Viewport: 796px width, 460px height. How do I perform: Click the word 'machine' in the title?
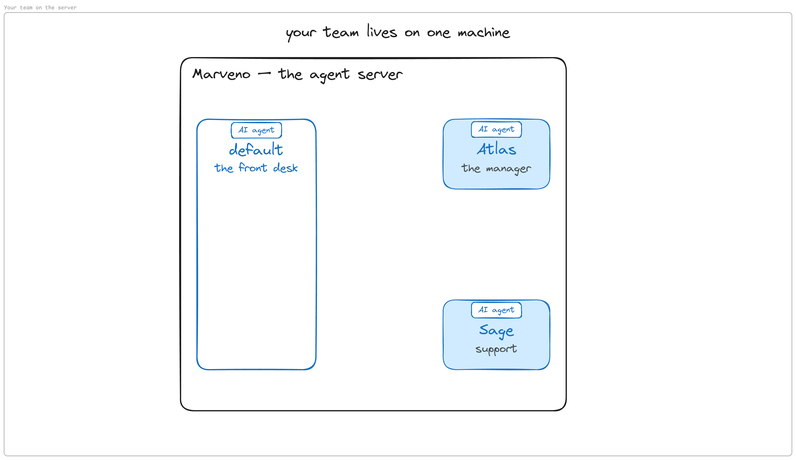coord(484,32)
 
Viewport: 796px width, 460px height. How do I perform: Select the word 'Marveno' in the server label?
coord(221,74)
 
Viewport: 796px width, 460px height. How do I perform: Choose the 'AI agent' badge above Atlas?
coord(496,129)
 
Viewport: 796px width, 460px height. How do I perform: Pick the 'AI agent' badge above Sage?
coord(496,310)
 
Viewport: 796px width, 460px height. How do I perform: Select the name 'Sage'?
coord(496,331)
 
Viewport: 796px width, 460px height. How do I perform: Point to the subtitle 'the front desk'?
coord(256,167)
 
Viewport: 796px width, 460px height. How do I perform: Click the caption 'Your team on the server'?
coord(40,7)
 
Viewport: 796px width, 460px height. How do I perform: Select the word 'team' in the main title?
coord(341,32)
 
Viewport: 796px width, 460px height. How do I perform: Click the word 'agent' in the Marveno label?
coord(330,75)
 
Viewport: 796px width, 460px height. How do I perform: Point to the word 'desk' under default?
coord(285,167)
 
